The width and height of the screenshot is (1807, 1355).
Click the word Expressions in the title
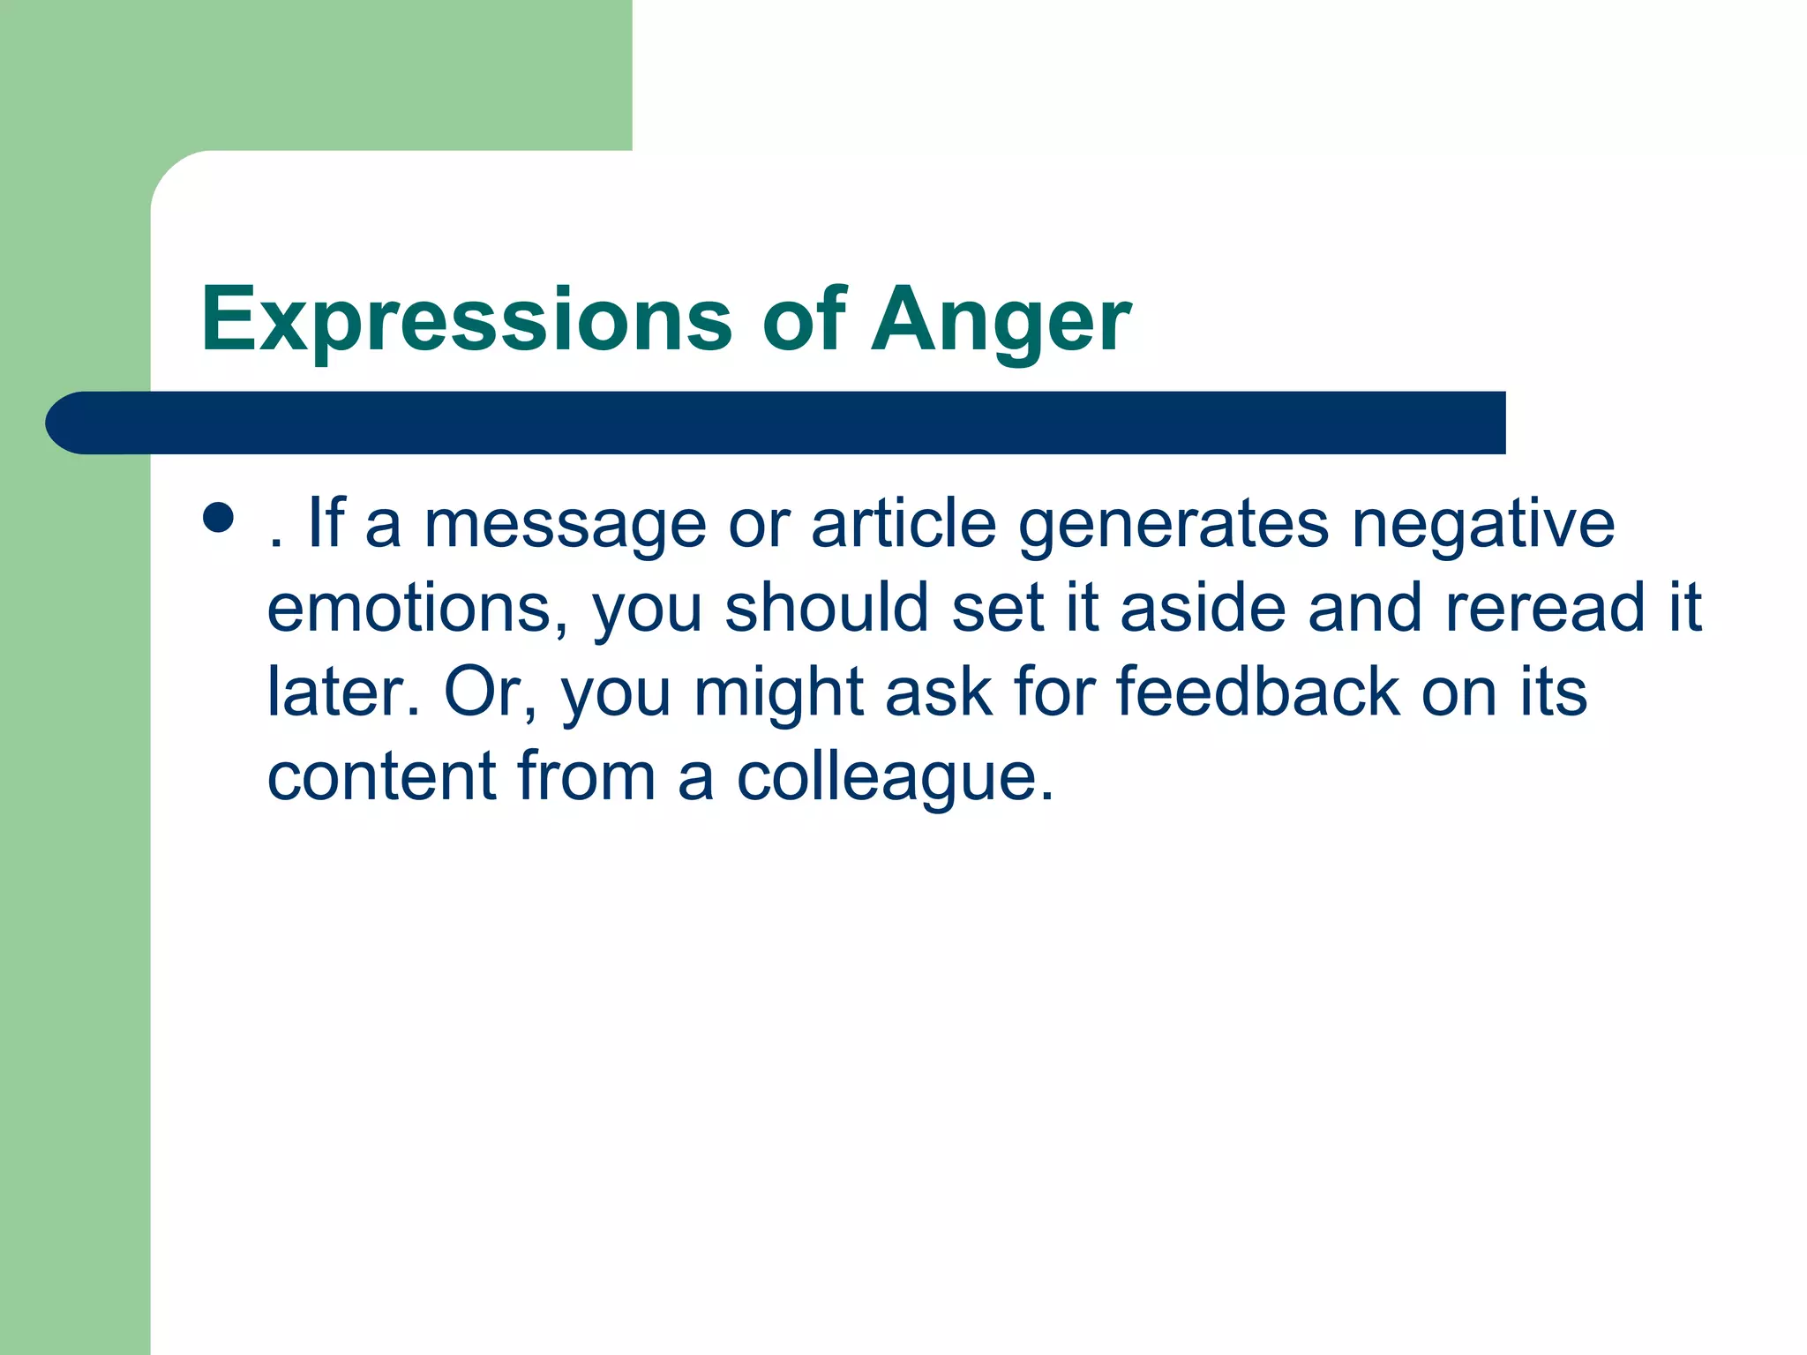(x=466, y=319)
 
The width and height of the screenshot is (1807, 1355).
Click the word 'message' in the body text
(x=565, y=526)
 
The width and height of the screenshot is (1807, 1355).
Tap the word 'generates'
(x=1173, y=526)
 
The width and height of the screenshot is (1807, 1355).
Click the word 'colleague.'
(x=895, y=777)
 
